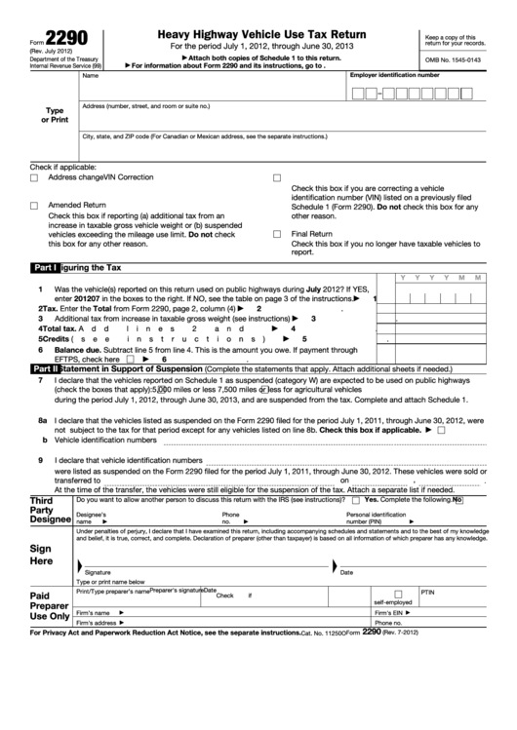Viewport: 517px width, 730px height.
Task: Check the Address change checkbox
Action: [x=34, y=177]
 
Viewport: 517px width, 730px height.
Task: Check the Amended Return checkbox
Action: [x=34, y=206]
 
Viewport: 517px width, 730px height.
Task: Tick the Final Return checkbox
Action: [x=277, y=234]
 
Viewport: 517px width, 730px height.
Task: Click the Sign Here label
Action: [x=41, y=555]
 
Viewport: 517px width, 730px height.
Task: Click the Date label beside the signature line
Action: [x=345, y=572]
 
